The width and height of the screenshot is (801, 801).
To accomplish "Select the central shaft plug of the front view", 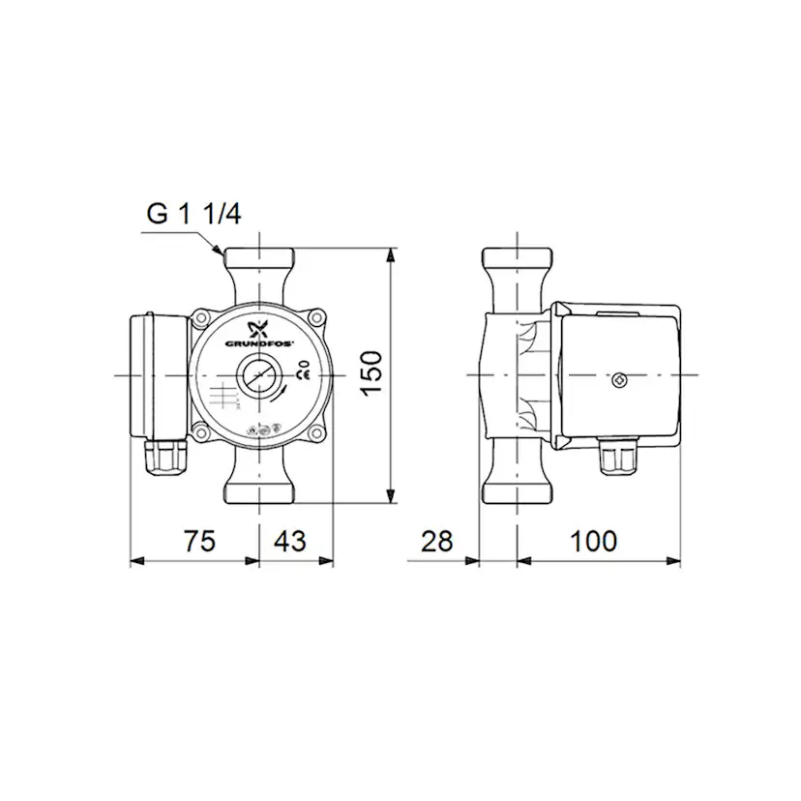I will coord(259,375).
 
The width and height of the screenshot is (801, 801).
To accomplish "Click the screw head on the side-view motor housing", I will coord(619,378).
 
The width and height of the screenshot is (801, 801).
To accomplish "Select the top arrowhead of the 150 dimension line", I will coord(391,254).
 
